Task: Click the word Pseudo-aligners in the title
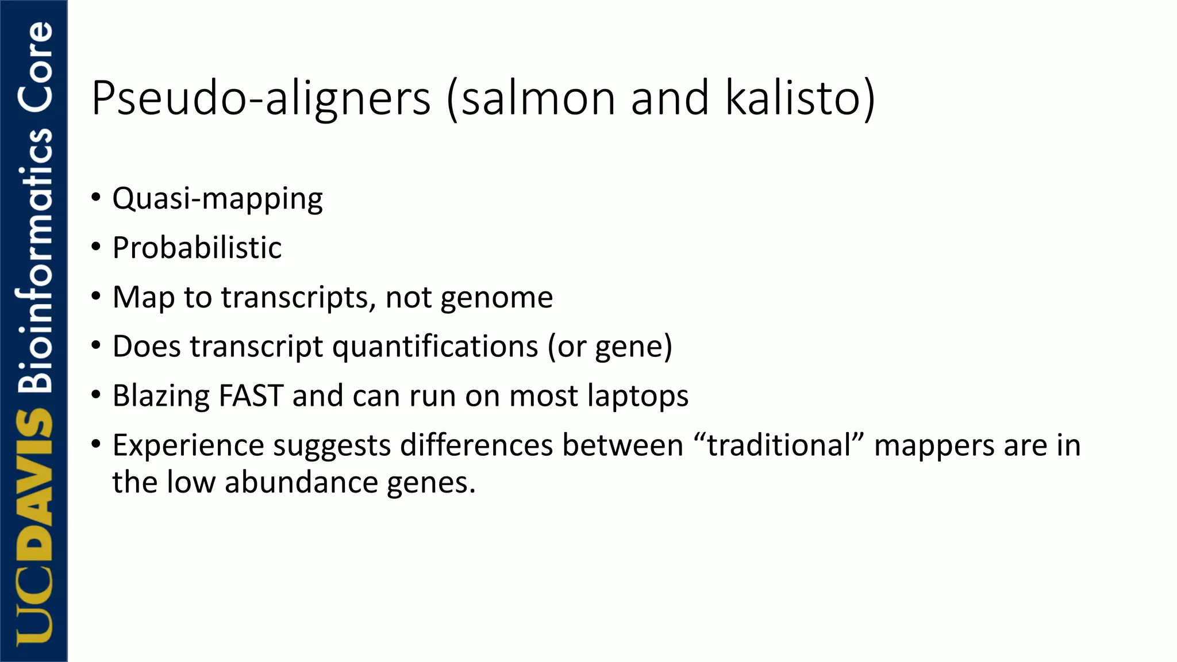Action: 261,99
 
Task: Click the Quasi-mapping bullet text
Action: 217,199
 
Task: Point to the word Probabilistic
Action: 197,248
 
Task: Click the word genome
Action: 497,298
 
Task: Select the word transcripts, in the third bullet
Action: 299,298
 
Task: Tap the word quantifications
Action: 435,347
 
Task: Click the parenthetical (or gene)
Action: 610,347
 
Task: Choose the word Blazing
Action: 161,397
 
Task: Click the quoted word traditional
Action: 779,446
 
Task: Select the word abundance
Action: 301,483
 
